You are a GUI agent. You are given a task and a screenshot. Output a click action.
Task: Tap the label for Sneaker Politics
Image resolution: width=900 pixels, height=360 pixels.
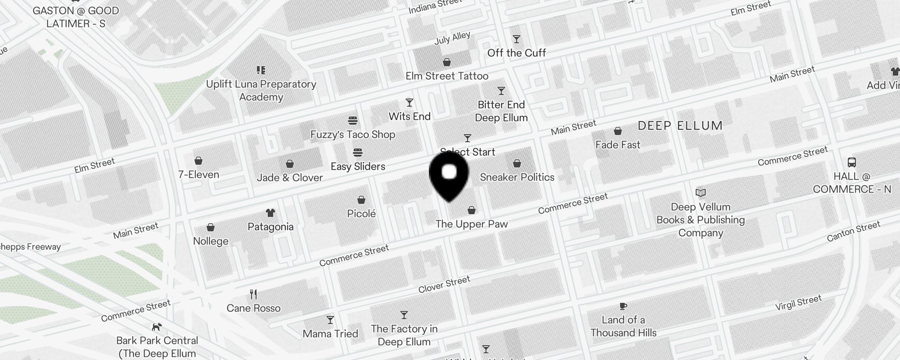517,177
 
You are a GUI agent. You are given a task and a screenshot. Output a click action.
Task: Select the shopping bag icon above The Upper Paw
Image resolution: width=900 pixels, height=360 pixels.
472,210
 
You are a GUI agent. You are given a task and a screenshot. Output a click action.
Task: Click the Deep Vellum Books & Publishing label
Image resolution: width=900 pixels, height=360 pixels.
701,220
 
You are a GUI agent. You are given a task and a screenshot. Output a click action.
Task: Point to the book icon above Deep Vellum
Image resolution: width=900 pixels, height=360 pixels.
701,193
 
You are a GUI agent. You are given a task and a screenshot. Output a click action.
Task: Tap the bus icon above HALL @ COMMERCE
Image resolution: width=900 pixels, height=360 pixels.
851,162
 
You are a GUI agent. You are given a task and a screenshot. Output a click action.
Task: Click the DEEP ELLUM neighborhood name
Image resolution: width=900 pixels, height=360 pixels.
680,126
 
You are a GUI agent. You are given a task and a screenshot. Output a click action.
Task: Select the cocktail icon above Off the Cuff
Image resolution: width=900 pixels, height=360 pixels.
517,40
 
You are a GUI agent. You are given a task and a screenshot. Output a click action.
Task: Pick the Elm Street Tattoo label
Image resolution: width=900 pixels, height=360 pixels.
447,76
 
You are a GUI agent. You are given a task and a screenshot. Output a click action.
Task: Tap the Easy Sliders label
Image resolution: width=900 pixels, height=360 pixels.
358,166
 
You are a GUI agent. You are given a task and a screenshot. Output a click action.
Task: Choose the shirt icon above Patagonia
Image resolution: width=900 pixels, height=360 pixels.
270,213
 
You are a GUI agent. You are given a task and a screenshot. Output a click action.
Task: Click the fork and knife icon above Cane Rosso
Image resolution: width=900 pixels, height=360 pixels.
253,295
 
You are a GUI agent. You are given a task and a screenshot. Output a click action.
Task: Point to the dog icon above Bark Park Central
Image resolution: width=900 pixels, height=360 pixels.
157,327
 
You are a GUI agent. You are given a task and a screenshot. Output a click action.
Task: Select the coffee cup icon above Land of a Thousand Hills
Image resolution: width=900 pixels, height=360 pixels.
623,306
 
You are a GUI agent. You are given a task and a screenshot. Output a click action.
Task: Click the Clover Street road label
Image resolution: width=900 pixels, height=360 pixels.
444,284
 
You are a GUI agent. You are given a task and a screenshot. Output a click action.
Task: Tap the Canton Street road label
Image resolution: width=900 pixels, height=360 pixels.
853,231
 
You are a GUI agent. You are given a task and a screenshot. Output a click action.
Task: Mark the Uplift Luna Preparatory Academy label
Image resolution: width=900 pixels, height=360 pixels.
261,90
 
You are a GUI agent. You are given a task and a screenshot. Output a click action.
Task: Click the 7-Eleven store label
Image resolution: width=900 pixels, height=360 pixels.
198,175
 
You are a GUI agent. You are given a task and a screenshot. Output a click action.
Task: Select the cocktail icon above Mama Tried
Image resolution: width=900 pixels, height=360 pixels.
330,320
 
